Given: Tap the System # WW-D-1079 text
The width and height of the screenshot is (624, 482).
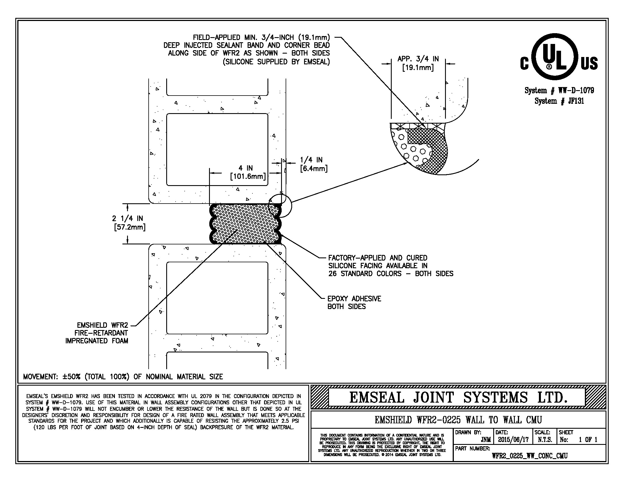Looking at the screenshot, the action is tap(559, 90).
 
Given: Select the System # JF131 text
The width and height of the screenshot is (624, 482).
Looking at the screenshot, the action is tap(559, 101).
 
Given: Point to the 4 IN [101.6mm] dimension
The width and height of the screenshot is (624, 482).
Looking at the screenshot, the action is tap(248, 172).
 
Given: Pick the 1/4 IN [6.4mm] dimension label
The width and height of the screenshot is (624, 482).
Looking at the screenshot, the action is tap(313, 164).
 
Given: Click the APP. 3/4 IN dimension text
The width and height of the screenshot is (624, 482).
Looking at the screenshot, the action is tap(418, 63).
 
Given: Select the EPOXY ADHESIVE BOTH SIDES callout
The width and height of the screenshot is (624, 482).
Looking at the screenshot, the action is tap(354, 303).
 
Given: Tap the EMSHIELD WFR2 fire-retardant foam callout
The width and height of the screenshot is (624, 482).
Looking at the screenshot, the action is tap(97, 333).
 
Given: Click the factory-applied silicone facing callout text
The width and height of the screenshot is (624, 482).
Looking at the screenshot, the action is tap(391, 266).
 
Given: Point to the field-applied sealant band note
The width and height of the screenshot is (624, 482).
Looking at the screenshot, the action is tap(246, 49).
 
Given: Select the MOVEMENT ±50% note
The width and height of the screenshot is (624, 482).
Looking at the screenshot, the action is tap(123, 377).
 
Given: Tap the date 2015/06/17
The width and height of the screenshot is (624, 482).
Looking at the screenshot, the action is tap(513, 440).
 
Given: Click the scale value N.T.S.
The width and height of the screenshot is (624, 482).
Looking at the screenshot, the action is tap(545, 440).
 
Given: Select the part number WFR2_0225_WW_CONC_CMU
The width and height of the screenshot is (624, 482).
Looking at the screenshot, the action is tap(530, 456).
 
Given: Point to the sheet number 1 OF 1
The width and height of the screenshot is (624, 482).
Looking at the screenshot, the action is tap(588, 440).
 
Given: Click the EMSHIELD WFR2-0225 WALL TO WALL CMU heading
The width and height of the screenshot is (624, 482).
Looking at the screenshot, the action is tap(458, 420).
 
